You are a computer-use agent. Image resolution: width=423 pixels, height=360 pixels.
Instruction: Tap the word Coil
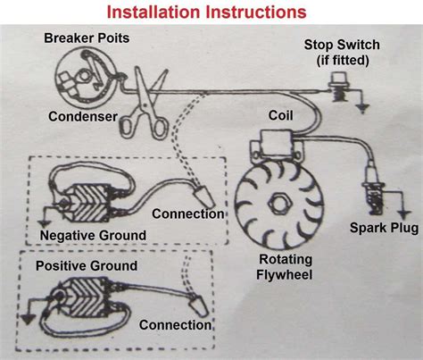click(282, 116)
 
